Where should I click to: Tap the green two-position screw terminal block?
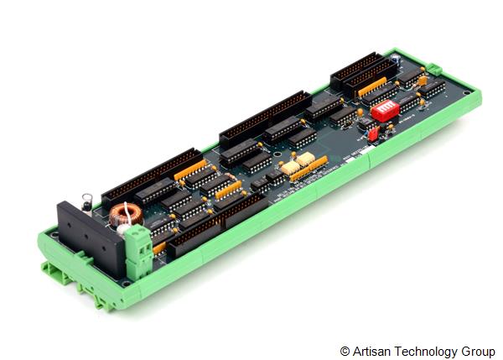click(x=137, y=244)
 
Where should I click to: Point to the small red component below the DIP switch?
click(x=374, y=133)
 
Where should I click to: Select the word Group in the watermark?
click(x=478, y=351)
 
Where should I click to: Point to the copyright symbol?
click(x=345, y=351)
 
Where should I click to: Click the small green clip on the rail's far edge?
click(x=434, y=70)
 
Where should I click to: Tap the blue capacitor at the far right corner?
click(x=423, y=81)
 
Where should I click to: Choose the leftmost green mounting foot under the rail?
click(x=52, y=269)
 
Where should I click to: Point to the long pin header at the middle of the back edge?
click(x=264, y=117)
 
